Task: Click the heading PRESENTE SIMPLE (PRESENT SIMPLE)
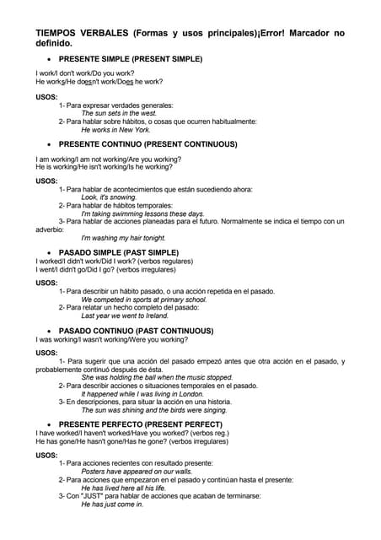click(x=130, y=59)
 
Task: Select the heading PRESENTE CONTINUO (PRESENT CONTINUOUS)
click(x=148, y=144)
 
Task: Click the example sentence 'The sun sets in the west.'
click(x=119, y=113)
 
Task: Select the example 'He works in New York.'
click(x=115, y=130)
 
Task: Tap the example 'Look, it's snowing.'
click(x=109, y=197)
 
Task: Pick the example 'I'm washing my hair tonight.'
click(x=123, y=239)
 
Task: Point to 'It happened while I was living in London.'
click(x=142, y=394)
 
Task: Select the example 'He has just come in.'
click(x=112, y=505)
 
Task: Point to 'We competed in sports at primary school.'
click(x=144, y=300)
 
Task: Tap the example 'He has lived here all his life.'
click(x=123, y=488)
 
